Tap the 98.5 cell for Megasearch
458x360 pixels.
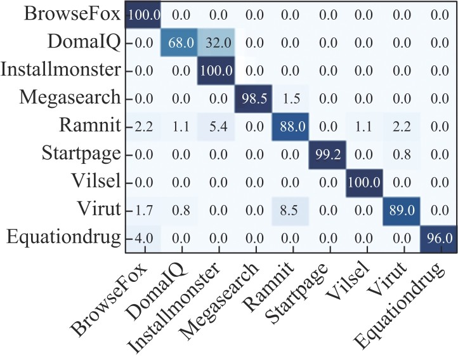point(252,98)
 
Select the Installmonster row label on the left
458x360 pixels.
point(61,70)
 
